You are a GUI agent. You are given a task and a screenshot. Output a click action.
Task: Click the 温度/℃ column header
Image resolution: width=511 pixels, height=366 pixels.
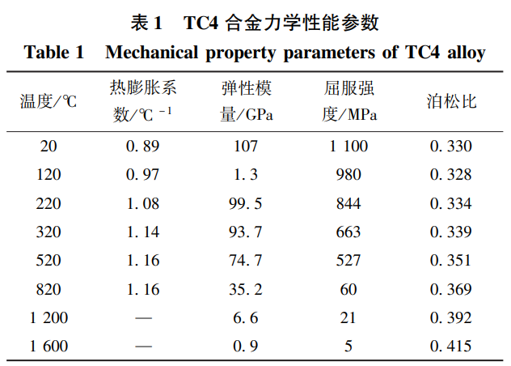click(x=49, y=101)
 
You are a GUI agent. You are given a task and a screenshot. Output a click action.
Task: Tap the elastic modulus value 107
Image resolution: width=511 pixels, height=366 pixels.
click(x=246, y=147)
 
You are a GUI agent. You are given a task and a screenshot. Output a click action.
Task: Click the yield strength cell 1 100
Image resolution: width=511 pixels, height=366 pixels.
click(x=348, y=147)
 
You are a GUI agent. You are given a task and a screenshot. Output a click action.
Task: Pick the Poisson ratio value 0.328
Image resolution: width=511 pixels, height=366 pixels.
click(x=451, y=175)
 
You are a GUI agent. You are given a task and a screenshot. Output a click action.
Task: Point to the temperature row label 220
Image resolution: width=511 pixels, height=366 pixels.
click(x=49, y=203)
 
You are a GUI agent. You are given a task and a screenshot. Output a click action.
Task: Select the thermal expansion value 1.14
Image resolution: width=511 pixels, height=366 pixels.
click(x=142, y=232)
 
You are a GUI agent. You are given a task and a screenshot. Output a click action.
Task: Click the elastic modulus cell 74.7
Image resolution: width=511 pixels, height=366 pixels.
click(x=246, y=261)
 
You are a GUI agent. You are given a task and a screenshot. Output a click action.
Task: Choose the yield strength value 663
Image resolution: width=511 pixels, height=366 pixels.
click(x=348, y=232)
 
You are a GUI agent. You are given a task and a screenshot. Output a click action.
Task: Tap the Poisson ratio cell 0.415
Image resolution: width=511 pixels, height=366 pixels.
click(x=451, y=347)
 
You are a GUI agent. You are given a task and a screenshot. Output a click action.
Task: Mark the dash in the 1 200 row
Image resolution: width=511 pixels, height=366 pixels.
click(x=143, y=318)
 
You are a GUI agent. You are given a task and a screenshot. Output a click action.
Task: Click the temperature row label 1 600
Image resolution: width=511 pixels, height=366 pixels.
click(x=49, y=347)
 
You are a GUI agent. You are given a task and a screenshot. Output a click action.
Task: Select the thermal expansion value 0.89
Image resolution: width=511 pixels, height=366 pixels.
click(x=142, y=147)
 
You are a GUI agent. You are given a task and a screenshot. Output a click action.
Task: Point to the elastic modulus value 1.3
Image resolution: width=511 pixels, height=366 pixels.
click(x=246, y=175)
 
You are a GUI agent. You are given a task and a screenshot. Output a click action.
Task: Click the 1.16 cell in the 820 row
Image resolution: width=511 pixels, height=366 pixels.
click(x=142, y=289)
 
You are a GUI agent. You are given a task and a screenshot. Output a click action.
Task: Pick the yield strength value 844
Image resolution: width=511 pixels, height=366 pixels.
click(x=348, y=203)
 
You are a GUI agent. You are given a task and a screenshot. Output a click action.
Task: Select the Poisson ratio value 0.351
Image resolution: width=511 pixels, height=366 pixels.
click(x=451, y=261)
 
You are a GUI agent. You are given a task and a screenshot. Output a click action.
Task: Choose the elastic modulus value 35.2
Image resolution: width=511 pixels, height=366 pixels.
click(x=246, y=289)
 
